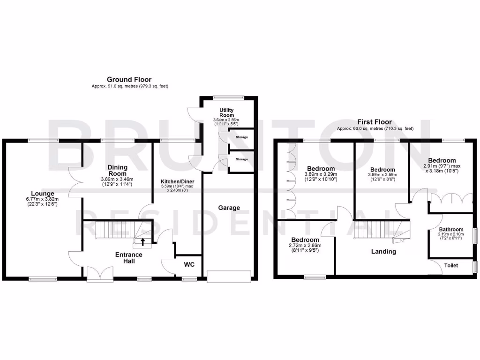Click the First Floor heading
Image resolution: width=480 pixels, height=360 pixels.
[x=375, y=122]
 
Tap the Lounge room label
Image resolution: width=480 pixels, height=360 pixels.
[x=43, y=193]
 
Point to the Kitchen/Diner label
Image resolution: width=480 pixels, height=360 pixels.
[x=177, y=181]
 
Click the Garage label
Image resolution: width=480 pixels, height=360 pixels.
[x=229, y=208]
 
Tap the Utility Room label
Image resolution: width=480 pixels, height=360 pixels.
[x=226, y=112]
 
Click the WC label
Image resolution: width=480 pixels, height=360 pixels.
[x=189, y=264]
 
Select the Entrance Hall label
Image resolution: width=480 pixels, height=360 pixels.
[x=129, y=258]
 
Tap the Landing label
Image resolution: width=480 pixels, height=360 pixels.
[x=383, y=251]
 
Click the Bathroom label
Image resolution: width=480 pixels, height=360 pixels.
[x=451, y=230]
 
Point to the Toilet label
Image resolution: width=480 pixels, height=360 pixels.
[x=451, y=265]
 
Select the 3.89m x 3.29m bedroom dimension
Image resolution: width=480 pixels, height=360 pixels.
[x=321, y=176]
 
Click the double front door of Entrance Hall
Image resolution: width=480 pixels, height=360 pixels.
[x=100, y=274]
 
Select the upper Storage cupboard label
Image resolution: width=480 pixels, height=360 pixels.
[x=242, y=137]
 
